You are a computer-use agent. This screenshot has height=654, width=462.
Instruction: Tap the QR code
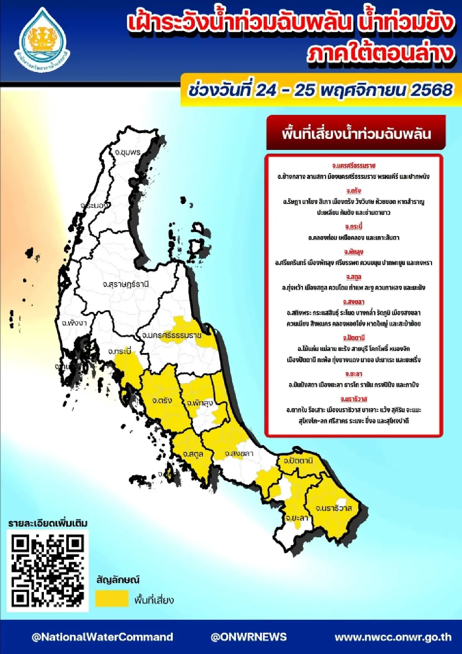(x=47, y=570)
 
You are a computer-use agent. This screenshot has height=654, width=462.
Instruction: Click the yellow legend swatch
(x=112, y=599)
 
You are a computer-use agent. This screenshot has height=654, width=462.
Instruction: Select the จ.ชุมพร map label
(x=127, y=152)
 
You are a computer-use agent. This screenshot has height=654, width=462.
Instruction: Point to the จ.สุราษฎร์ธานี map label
(x=126, y=284)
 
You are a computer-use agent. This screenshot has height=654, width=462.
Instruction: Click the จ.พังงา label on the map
(x=74, y=323)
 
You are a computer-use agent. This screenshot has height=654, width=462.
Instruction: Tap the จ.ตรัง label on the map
(x=162, y=400)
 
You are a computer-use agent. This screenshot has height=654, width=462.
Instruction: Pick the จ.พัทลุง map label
(x=200, y=403)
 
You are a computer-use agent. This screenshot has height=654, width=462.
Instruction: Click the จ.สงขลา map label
(x=239, y=454)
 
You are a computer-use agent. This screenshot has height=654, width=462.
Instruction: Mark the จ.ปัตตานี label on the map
(x=298, y=461)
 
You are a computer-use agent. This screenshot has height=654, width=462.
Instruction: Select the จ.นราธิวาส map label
(x=333, y=508)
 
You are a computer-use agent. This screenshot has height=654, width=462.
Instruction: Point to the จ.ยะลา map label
(x=297, y=518)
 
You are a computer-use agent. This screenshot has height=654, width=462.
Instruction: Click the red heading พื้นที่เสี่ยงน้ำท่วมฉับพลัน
(x=356, y=134)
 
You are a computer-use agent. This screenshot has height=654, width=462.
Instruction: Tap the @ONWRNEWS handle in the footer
(x=248, y=637)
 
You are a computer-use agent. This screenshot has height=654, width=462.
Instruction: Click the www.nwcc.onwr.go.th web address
(x=393, y=637)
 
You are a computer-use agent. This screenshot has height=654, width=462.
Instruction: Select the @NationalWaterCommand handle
(x=102, y=637)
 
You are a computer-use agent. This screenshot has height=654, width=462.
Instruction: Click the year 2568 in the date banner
(x=432, y=90)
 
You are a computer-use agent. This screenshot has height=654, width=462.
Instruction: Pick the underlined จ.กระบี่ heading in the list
(x=353, y=227)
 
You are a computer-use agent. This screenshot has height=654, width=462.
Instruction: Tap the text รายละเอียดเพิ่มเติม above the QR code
(x=48, y=523)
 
